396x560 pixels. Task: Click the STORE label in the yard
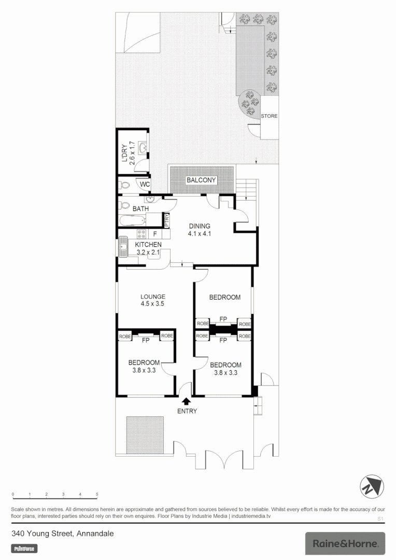pos(269,116)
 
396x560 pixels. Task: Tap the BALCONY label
pos(202,180)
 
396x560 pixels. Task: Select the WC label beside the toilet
pos(145,184)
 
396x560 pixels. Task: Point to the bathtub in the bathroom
pos(133,220)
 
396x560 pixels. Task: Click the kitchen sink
pos(124,247)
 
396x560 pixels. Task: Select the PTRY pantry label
pos(167,220)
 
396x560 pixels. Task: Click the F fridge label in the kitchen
pos(154,234)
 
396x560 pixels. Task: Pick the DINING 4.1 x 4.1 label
pos(200,230)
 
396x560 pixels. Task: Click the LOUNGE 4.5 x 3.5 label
pos(152,301)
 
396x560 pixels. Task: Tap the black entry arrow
pos(185,400)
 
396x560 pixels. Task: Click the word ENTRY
pos(187,411)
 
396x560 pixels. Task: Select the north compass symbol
pos(371,487)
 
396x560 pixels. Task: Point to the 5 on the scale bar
pos(97,495)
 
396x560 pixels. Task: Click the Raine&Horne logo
pos(345,543)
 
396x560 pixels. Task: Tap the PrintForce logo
pos(24,548)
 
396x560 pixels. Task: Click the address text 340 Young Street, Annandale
pos(63,534)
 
